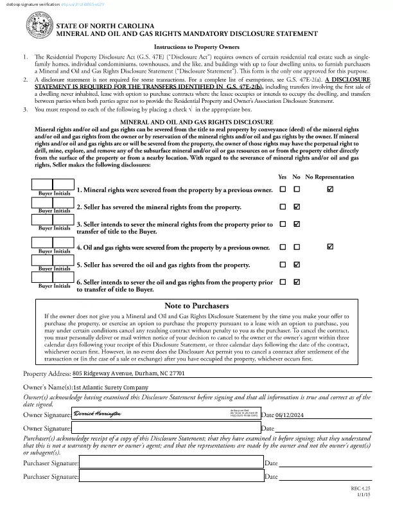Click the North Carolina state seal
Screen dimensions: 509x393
click(x=37, y=29)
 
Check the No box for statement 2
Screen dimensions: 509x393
click(x=297, y=207)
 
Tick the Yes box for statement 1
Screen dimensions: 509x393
click(x=283, y=189)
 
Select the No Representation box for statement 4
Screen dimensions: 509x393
click(x=330, y=246)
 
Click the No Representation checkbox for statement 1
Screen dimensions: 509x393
click(x=330, y=189)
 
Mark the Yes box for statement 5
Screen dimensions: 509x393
click(x=283, y=264)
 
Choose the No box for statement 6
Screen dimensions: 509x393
click(x=297, y=281)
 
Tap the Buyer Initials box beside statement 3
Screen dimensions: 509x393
click(x=53, y=220)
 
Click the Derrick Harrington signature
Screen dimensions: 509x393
click(x=98, y=416)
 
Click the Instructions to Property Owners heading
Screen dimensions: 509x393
click(x=197, y=48)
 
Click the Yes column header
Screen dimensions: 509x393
click(x=283, y=177)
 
